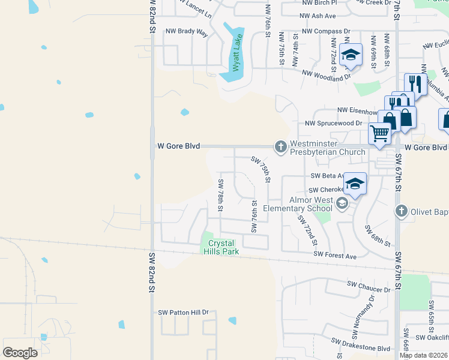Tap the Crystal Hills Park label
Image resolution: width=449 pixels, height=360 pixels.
[223, 247]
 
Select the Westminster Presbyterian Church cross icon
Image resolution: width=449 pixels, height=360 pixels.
[280, 146]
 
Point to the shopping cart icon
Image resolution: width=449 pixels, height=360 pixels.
[379, 134]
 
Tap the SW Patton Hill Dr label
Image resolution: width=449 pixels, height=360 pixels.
[183, 313]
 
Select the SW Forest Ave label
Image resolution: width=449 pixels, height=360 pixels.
[336, 256]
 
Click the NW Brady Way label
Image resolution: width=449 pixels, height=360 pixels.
[187, 32]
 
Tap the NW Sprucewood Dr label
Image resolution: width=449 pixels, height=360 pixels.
[333, 123]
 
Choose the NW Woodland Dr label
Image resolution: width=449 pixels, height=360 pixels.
[327, 74]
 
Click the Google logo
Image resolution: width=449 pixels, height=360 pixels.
[20, 353]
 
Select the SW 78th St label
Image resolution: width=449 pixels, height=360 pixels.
[221, 194]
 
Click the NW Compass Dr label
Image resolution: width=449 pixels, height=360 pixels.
[326, 31]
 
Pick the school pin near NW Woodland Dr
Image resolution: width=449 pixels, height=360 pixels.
[351, 55]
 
